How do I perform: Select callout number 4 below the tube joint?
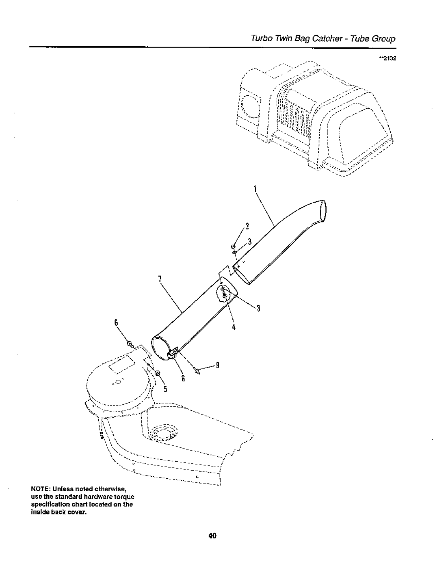[x=233, y=327]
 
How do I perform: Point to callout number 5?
[x=165, y=389]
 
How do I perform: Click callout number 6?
[x=116, y=323]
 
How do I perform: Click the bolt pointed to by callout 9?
[x=198, y=372]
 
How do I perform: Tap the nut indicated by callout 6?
[x=130, y=344]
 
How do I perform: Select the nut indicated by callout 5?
[x=157, y=373]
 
